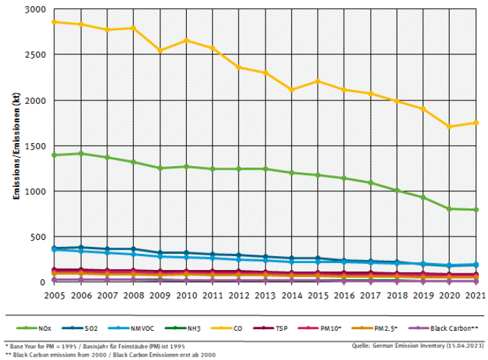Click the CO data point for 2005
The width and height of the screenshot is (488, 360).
[x=54, y=22]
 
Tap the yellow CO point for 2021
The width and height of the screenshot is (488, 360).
[x=476, y=123]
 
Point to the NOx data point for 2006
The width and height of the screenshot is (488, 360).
[x=81, y=153]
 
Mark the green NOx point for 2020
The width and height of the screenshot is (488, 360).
[x=450, y=209]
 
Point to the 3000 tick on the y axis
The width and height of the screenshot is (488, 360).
[x=36, y=10]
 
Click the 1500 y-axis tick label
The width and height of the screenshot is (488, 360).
[x=36, y=147]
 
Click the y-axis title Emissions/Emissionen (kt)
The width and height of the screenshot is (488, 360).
[x=15, y=146]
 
